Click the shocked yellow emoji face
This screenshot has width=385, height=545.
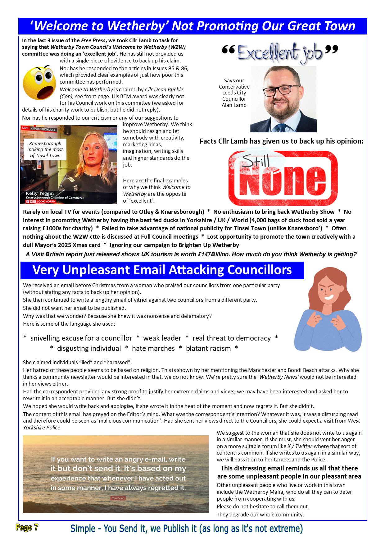click(39, 83)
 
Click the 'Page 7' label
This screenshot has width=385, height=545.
click(27, 527)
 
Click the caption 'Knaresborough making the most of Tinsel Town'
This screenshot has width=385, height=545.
click(45, 149)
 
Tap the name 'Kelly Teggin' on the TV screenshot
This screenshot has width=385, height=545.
click(39, 193)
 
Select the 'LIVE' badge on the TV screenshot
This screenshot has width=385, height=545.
click(25, 128)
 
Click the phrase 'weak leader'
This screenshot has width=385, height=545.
click(162, 338)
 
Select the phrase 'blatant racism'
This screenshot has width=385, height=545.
click(208, 349)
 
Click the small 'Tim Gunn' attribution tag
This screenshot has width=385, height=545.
click(118, 498)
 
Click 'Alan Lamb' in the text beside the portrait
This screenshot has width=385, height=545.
click(234, 105)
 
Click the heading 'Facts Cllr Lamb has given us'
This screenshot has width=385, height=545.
click(281, 141)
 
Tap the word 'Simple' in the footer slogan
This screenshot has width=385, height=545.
click(83, 529)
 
